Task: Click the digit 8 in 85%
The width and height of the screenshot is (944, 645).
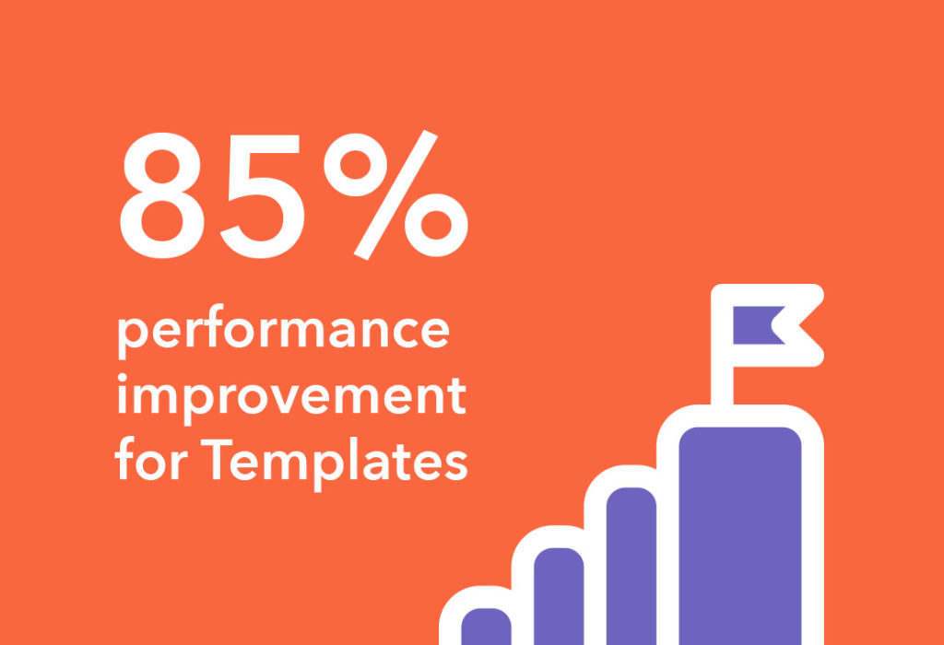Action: (162, 195)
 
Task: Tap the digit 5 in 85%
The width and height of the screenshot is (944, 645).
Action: (262, 197)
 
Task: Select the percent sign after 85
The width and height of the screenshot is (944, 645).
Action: (395, 195)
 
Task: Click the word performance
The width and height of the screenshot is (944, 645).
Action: (283, 331)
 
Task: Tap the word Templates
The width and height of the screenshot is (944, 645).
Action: (334, 461)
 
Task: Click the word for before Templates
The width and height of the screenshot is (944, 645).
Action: (152, 459)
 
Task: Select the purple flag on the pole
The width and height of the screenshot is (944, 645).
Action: (759, 325)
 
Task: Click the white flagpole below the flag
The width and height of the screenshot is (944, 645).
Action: (722, 385)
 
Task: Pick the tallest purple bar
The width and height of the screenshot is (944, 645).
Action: (740, 535)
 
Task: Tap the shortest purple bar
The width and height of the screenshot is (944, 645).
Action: (486, 627)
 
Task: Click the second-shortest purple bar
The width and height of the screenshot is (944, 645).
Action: (559, 596)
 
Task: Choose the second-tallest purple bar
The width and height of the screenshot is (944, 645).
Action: (631, 566)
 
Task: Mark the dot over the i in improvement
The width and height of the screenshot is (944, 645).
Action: (122, 378)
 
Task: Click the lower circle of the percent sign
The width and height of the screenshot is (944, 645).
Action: (436, 225)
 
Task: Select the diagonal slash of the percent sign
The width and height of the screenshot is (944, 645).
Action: (395, 195)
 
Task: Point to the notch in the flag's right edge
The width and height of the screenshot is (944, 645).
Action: (773, 325)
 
